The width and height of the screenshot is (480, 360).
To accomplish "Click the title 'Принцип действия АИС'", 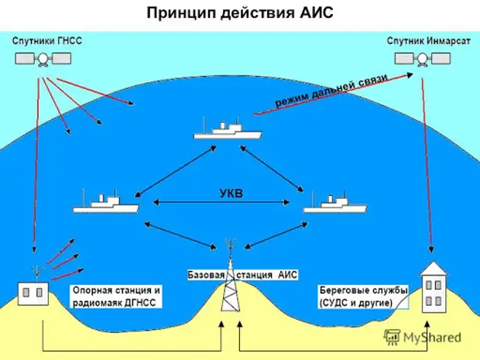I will coord(239,13).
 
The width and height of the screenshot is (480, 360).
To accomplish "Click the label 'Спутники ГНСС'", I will coord(46,39).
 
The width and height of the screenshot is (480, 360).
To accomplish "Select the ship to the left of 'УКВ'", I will coord(105,205).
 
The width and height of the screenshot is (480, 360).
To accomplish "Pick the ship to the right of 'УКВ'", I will coord(334,205).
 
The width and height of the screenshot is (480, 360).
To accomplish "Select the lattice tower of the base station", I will coord(228,290).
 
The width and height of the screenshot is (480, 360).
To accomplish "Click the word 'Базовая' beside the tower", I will coord(205,275).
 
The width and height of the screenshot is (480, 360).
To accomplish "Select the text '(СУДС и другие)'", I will coord(357,303).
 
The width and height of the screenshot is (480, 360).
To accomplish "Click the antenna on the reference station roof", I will coord(35,271).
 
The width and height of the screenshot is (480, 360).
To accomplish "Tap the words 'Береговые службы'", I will coord(363,290).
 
